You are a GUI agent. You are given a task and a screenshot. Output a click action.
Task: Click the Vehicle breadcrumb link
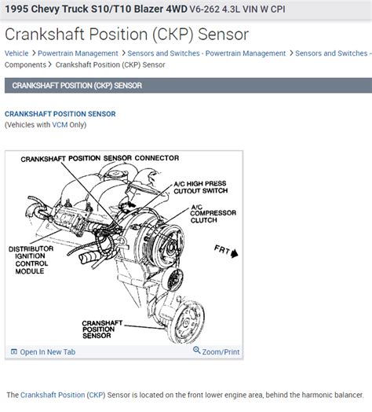click(16, 53)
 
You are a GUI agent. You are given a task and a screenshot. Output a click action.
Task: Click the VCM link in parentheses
click(60, 125)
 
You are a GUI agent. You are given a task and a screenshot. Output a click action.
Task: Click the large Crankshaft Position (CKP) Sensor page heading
click(126, 34)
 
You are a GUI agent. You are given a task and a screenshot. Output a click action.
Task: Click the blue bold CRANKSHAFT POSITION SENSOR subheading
click(60, 114)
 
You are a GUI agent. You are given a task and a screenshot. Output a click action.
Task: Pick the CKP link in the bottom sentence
click(96, 395)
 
